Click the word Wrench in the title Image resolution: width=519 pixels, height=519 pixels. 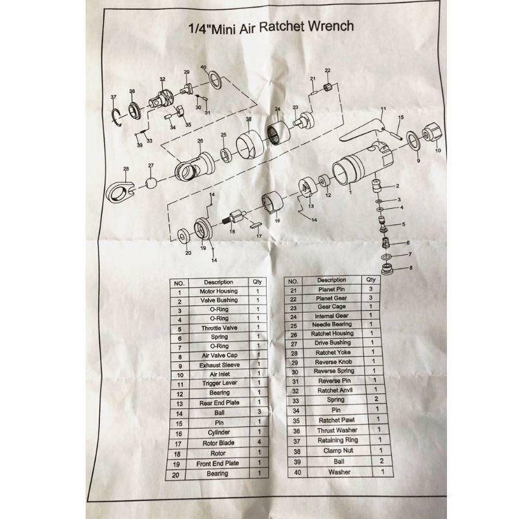click(x=331, y=26)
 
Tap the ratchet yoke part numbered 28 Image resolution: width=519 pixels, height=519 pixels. click(x=120, y=191)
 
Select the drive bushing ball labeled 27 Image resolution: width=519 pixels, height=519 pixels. click(x=151, y=183)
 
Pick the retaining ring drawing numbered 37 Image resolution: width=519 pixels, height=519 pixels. click(x=117, y=117)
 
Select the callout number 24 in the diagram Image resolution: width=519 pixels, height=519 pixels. click(x=278, y=108)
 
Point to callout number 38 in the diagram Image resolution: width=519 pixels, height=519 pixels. click(x=248, y=119)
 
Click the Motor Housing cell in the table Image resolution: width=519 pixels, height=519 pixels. click(x=219, y=291)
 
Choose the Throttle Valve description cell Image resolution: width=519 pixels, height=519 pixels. click(x=219, y=328)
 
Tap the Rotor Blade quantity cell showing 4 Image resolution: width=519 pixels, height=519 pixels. click(x=259, y=442)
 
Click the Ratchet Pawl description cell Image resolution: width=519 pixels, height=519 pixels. click(x=336, y=420)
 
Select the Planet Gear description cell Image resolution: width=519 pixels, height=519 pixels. click(x=332, y=298)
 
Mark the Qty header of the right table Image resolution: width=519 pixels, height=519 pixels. click(x=370, y=280)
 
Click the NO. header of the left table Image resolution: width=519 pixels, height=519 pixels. click(x=179, y=284)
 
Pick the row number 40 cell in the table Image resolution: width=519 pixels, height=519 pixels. click(x=298, y=472)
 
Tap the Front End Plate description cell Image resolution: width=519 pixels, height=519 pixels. click(x=217, y=463)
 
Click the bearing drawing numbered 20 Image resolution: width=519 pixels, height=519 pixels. click(x=185, y=236)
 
